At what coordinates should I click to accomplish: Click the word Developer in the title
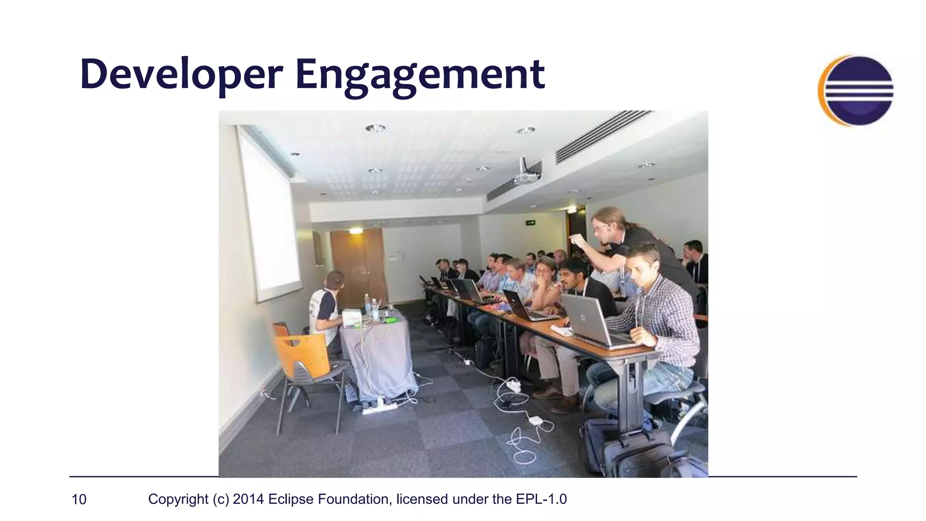[181, 75]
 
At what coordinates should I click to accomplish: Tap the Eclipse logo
[856, 90]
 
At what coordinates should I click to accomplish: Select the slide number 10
[79, 499]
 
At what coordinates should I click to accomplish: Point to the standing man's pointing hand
[575, 239]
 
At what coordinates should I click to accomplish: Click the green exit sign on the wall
[531, 222]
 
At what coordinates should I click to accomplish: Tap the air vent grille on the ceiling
[601, 136]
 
